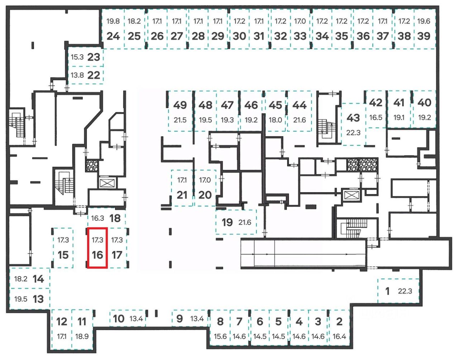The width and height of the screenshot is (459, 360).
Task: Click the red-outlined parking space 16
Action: (x=98, y=248)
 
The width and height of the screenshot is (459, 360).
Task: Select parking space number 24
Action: (x=113, y=36)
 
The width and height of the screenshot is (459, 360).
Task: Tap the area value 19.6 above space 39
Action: (x=423, y=21)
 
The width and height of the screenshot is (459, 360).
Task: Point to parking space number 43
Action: (x=353, y=118)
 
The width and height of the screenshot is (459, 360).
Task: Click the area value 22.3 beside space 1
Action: (x=405, y=291)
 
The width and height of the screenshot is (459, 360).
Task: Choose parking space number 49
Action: (x=180, y=105)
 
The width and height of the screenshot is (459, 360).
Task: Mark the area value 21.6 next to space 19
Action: (x=245, y=222)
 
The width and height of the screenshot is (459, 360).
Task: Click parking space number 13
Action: (x=38, y=299)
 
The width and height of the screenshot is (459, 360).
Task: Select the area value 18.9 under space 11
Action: (x=82, y=336)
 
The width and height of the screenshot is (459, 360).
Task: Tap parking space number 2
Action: (x=339, y=321)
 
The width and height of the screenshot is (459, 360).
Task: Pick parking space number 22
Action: (x=94, y=75)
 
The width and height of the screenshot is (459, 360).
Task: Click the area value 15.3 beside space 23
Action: (x=77, y=57)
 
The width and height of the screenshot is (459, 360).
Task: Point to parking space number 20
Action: (x=205, y=195)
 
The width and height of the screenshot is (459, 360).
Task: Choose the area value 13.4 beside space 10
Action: (x=136, y=318)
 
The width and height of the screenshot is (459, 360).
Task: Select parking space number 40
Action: (x=424, y=103)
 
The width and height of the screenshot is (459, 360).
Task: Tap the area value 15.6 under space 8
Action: (x=220, y=336)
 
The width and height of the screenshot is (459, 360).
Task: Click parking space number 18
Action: (x=115, y=218)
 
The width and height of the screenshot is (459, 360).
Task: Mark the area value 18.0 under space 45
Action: (x=275, y=120)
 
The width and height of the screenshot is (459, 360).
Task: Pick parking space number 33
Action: (x=300, y=36)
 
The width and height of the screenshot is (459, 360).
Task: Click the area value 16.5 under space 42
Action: (x=376, y=117)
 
